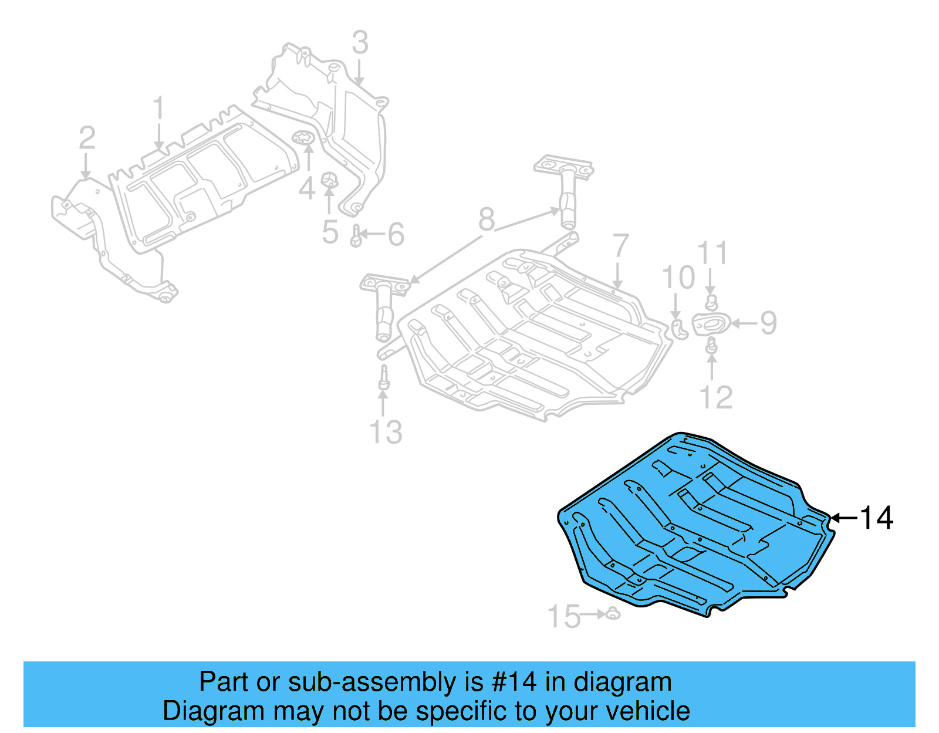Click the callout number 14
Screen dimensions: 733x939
point(876,518)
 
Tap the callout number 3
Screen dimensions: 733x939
point(360,43)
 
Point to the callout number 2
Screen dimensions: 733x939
point(87,139)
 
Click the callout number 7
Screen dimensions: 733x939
point(620,247)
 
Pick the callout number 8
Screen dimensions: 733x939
point(487,219)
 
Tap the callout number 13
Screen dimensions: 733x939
point(386,433)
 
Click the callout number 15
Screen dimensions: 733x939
point(563,617)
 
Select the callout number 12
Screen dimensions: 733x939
point(717,397)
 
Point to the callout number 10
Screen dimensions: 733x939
point(678,278)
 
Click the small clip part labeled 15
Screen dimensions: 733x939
point(612,614)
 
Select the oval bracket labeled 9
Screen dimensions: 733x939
point(711,323)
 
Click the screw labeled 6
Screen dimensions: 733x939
point(356,236)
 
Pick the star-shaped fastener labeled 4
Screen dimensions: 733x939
point(304,139)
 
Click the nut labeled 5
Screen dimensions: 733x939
point(330,180)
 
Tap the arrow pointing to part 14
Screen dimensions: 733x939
point(844,518)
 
